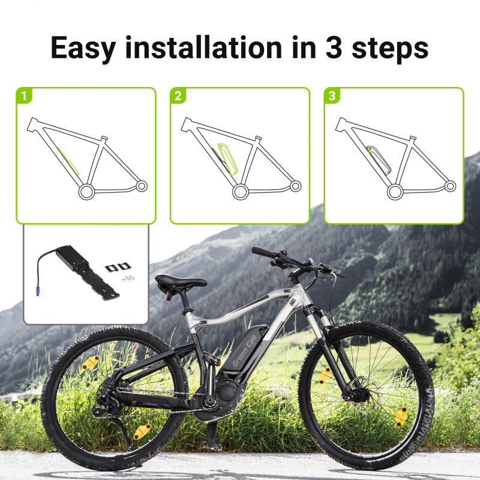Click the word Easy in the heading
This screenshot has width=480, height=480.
[83, 49]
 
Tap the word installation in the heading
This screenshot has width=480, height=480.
[203, 47]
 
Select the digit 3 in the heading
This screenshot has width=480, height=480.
[334, 48]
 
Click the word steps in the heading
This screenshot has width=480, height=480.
[390, 49]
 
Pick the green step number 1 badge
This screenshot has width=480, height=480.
[24, 96]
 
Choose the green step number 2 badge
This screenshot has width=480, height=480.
[178, 96]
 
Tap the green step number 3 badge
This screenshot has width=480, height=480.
[332, 96]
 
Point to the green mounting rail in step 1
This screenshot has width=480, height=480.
[68, 161]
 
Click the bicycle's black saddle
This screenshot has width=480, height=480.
[180, 281]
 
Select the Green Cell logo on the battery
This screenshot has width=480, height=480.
[244, 351]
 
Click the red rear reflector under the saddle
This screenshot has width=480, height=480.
[168, 295]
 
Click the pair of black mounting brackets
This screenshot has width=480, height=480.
[118, 267]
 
